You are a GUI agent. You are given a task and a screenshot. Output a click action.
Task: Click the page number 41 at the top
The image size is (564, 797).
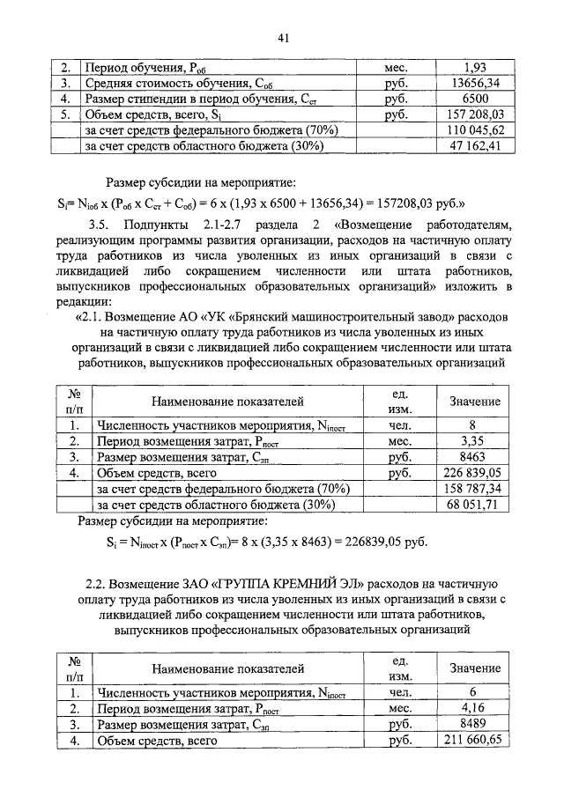(283, 37)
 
